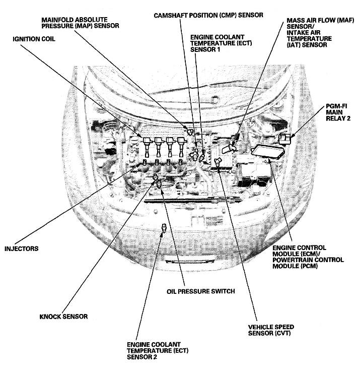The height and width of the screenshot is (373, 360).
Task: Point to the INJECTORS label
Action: [x=21, y=248]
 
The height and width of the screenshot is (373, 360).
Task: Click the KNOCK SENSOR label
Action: [x=63, y=317]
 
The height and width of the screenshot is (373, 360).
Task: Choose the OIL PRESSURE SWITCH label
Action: [x=200, y=291]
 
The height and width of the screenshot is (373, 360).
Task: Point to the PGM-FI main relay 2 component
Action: [x=286, y=139]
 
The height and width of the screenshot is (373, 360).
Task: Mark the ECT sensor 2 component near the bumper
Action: [x=163, y=228]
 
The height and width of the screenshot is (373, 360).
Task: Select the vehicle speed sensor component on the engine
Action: [x=218, y=162]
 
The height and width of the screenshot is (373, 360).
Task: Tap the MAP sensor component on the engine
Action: [x=189, y=132]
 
